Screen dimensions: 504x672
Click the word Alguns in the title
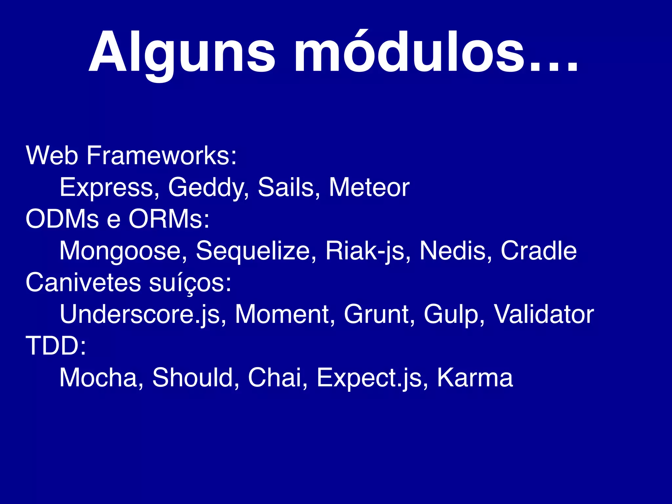pyautogui.click(x=182, y=52)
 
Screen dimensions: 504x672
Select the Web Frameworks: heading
pyautogui.click(x=131, y=155)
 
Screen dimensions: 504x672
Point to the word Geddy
pyautogui.click(x=207, y=187)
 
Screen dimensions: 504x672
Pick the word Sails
pyautogui.click(x=286, y=187)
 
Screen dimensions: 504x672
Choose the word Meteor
pyautogui.click(x=369, y=187)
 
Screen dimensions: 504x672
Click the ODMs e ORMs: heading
pyautogui.click(x=117, y=219)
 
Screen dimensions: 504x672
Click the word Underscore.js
pyautogui.click(x=140, y=314)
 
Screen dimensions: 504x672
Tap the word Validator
pyautogui.click(x=544, y=314)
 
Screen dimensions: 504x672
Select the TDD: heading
pyautogui.click(x=56, y=346)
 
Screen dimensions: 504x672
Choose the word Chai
pyautogui.click(x=275, y=378)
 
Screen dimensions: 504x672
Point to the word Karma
pyautogui.click(x=475, y=378)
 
